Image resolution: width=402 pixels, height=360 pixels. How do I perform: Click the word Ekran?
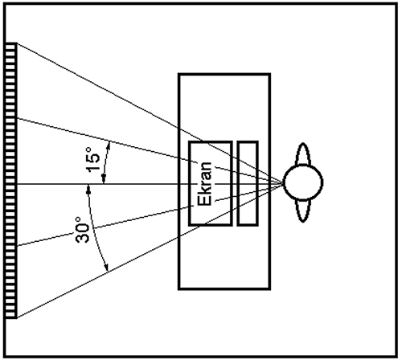[x=204, y=183]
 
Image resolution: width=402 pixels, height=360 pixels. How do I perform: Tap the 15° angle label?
[x=92, y=158]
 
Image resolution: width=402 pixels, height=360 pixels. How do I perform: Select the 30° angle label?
[x=83, y=230]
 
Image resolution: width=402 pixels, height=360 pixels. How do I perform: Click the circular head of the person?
[x=303, y=182]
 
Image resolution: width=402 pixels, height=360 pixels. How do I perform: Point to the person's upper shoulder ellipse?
[x=303, y=154]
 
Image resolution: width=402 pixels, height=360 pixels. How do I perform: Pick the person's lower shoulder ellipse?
[x=303, y=211]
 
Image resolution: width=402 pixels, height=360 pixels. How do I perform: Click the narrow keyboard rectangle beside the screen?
[x=248, y=183]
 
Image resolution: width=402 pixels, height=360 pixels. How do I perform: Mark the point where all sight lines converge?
[x=283, y=183]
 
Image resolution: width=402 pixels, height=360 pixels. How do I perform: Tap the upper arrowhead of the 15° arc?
[x=109, y=145]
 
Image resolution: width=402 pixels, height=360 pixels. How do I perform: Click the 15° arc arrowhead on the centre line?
[x=104, y=179]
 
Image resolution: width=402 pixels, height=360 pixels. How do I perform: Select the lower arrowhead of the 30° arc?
[x=106, y=267]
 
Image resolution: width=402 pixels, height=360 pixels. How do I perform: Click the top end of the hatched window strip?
[x=10, y=43]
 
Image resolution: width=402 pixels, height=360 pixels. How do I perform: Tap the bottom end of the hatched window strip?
[x=10, y=318]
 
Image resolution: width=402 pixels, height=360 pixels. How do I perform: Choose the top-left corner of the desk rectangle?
[x=178, y=74]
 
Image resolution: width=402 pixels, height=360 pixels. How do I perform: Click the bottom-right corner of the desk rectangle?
[x=270, y=289]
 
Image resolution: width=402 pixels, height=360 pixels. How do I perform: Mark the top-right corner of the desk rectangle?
[x=270, y=74]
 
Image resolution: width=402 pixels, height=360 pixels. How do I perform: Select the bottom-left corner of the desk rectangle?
[x=178, y=289]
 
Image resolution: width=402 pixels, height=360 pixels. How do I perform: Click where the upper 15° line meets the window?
[x=17, y=118]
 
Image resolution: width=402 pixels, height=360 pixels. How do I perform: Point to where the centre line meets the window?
[x=17, y=184]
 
